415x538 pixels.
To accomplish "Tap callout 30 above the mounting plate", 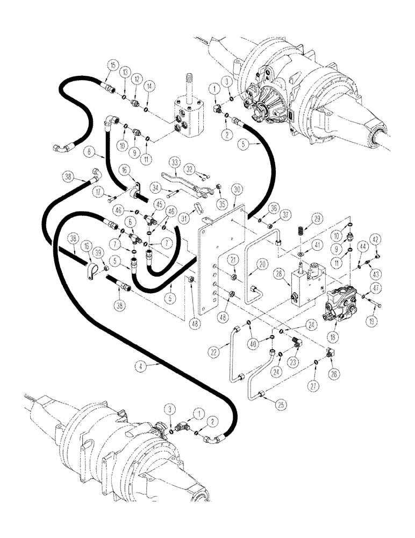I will (x=236, y=189).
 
